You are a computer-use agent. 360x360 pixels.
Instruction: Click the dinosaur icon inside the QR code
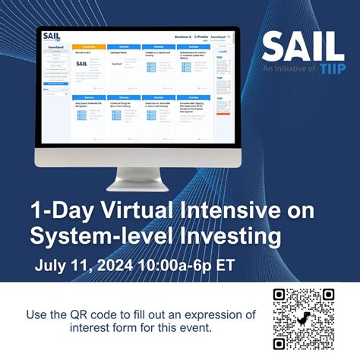[x=304, y=320]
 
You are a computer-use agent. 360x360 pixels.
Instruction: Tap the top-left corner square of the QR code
[x=279, y=295]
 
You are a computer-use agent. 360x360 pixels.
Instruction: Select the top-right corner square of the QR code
[x=328, y=295]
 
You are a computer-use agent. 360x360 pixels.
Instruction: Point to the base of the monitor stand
[x=137, y=187]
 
